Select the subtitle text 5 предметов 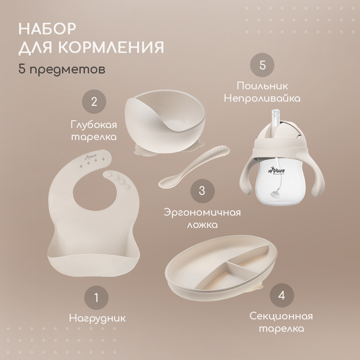[x=62, y=70]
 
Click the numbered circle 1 [x=96, y=298]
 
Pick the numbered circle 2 [x=94, y=102]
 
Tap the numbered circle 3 [x=202, y=191]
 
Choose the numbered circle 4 [x=282, y=295]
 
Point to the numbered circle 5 [x=262, y=65]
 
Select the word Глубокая [x=94, y=125]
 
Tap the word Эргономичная [x=202, y=213]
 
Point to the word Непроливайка [x=262, y=98]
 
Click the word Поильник [x=262, y=86]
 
